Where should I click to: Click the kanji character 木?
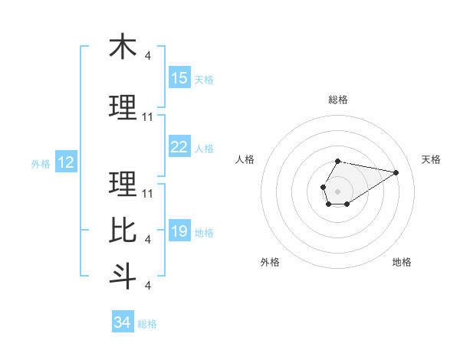coord(123,47)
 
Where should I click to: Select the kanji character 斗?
coord(123,275)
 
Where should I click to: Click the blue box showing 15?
coord(179,78)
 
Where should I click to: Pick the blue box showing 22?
coord(179,148)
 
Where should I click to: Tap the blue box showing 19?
coord(179,232)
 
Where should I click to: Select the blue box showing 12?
coord(66,162)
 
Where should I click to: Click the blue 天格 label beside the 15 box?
coord(204,79)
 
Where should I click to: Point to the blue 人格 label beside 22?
coord(204,149)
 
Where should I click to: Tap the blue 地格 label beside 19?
coord(204,233)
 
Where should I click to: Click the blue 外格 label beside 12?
coord(41,163)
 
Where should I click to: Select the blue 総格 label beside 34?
coord(147,324)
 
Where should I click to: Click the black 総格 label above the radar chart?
coord(337,100)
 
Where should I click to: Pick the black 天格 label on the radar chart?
coord(432,159)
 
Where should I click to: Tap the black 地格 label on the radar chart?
coord(402,262)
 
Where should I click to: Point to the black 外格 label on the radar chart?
coord(270,262)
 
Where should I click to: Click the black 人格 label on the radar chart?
coord(245,159)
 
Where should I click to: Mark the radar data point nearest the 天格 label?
coord(396,172)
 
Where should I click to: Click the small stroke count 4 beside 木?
coord(148,56)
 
